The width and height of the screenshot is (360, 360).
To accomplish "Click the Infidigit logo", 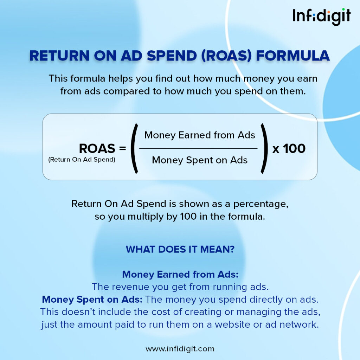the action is (x=321, y=17).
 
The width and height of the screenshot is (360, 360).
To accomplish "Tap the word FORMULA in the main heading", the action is (x=293, y=56).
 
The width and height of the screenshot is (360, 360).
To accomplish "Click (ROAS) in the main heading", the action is (x=226, y=56).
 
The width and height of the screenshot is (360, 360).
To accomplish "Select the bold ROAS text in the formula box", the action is (x=97, y=148).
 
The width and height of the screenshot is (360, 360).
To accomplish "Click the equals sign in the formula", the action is (x=123, y=148).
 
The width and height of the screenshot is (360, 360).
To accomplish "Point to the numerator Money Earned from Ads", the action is (x=200, y=135).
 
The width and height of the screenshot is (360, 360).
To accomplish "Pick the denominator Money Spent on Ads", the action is (x=200, y=160).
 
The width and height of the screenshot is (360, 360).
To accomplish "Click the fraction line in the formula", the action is (x=198, y=149).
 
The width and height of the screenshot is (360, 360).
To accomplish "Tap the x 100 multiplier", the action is (x=289, y=149).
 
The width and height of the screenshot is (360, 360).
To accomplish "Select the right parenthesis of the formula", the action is (x=264, y=148).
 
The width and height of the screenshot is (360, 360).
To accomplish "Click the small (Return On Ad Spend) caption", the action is (x=82, y=160).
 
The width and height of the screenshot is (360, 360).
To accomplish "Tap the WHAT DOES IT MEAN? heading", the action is (x=180, y=249).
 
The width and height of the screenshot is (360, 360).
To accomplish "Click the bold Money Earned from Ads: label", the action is (x=180, y=274).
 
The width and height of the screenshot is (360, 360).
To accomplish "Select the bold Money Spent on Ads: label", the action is (x=92, y=300).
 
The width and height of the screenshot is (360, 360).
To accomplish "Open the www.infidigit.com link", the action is (x=180, y=349).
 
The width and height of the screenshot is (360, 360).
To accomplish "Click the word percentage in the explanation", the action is (x=261, y=204).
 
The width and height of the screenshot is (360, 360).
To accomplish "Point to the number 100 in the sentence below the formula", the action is (x=188, y=217).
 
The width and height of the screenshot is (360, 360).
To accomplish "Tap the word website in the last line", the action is (x=232, y=324).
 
